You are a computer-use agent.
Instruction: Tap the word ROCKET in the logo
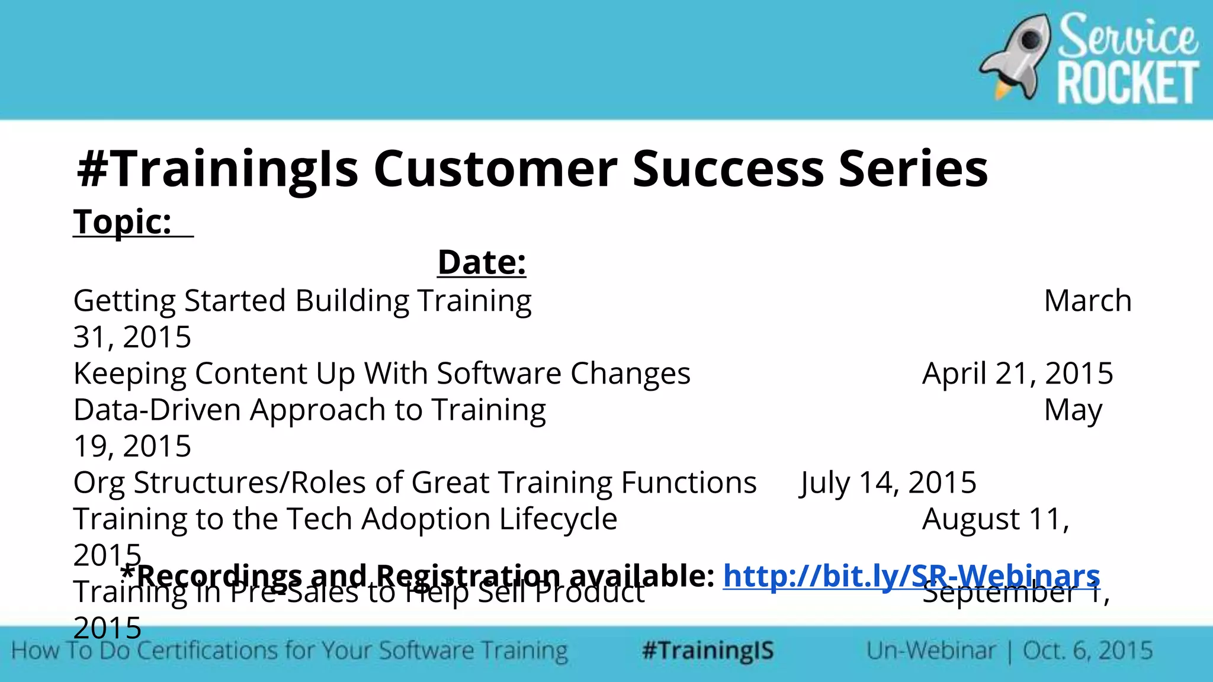[1128, 84]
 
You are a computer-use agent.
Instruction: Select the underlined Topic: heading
[123, 222]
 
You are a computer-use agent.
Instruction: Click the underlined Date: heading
[482, 262]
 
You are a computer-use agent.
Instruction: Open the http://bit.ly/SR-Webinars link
[911, 575]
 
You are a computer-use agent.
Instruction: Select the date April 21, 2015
[1018, 374]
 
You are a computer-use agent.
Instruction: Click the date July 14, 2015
[887, 482]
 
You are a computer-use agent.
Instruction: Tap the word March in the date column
[1087, 301]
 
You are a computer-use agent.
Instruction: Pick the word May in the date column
[1073, 410]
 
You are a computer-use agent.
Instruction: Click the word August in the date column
[971, 519]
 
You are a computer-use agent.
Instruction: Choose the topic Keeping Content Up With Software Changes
[381, 374]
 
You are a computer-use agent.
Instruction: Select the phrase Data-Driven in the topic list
[157, 410]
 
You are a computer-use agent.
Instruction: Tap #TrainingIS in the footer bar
[708, 651]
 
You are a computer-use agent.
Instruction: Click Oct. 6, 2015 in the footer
[1087, 651]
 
